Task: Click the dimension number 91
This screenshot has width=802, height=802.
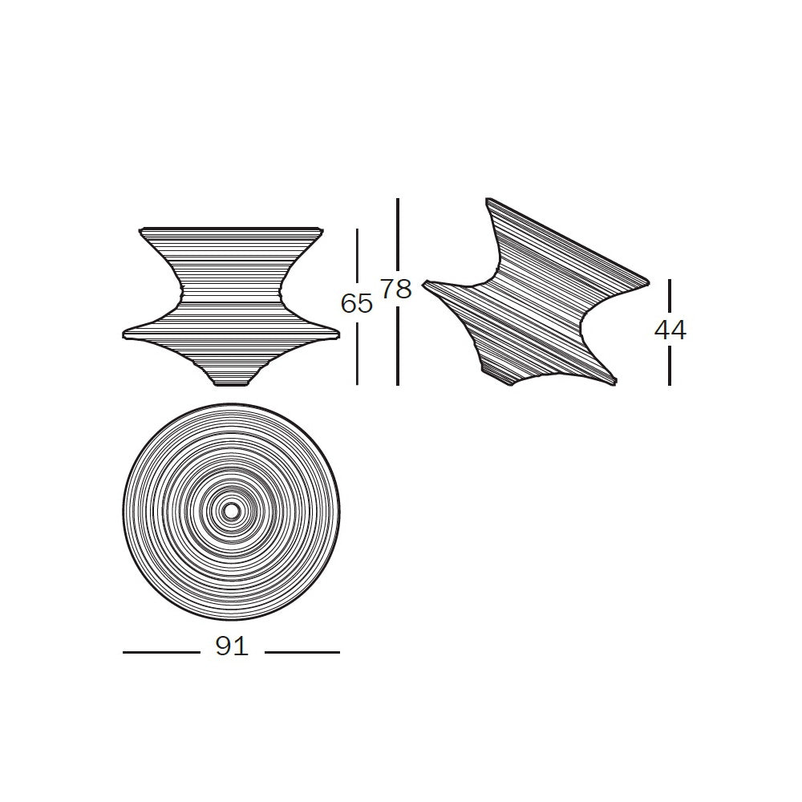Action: [x=232, y=646]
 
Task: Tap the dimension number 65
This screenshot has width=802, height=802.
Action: [x=357, y=304]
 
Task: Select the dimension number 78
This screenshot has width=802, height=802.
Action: [x=396, y=290]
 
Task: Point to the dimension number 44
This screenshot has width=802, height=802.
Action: [x=670, y=330]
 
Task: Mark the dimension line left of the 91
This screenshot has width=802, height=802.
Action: [x=161, y=652]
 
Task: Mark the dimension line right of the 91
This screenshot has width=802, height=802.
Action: [x=302, y=652]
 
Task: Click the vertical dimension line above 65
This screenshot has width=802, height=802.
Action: [x=357, y=259]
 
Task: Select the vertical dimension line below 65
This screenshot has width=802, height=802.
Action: [x=357, y=351]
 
